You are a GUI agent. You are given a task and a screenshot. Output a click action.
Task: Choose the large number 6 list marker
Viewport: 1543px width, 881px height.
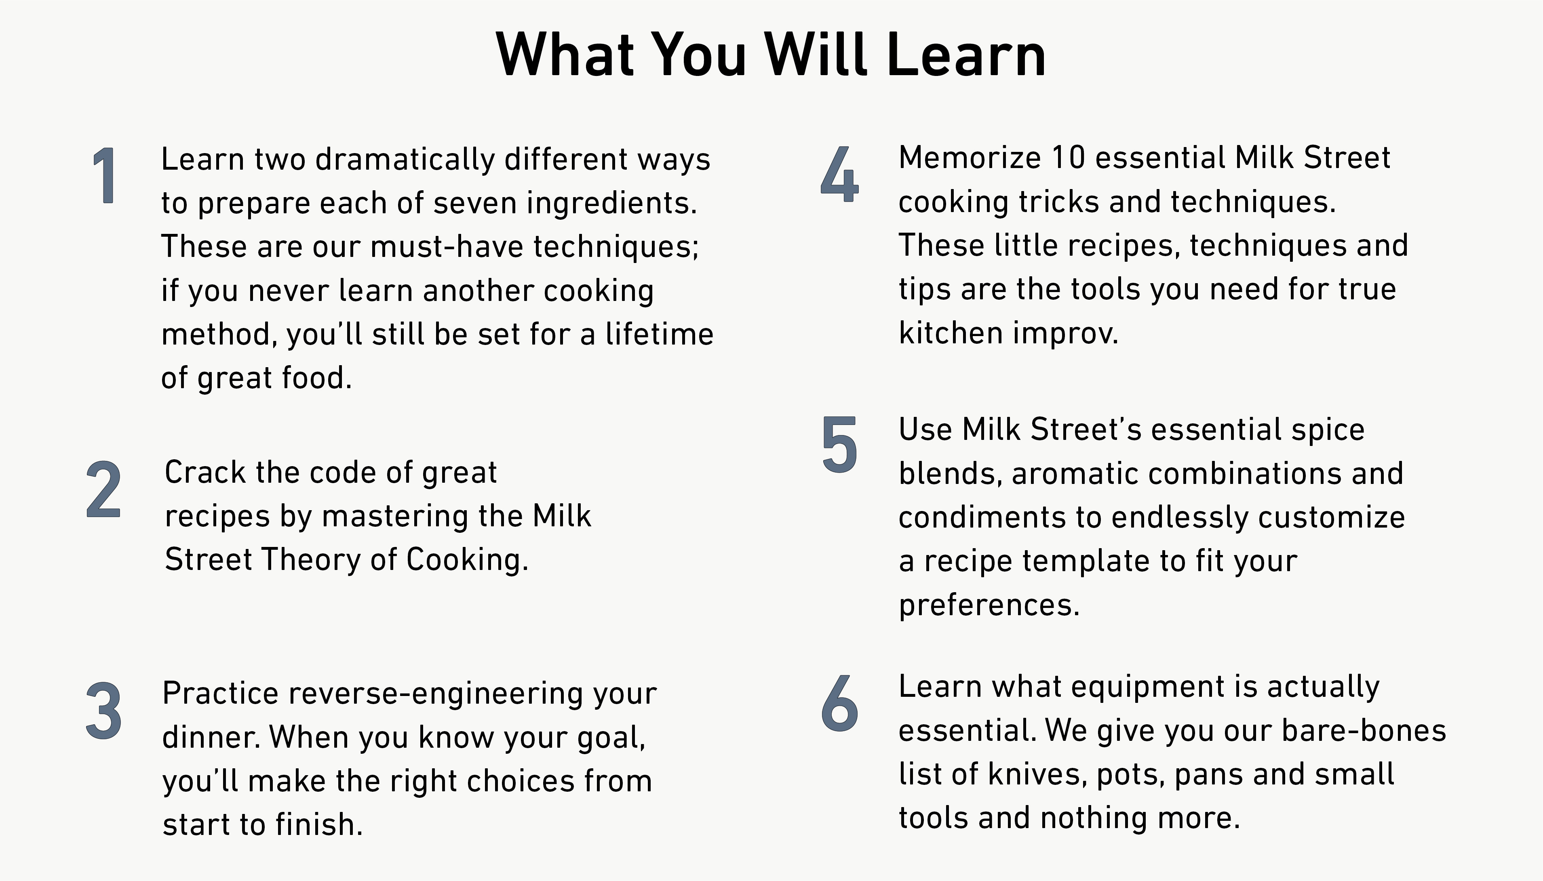[840, 703]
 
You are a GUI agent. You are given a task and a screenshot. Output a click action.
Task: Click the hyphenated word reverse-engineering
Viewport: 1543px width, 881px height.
[436, 694]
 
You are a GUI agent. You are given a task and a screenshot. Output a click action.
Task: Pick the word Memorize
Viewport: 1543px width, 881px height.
[970, 158]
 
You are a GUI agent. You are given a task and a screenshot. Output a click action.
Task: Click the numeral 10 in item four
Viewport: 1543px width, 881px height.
[1069, 158]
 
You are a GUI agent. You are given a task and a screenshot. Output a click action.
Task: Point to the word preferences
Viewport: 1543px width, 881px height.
[989, 605]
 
